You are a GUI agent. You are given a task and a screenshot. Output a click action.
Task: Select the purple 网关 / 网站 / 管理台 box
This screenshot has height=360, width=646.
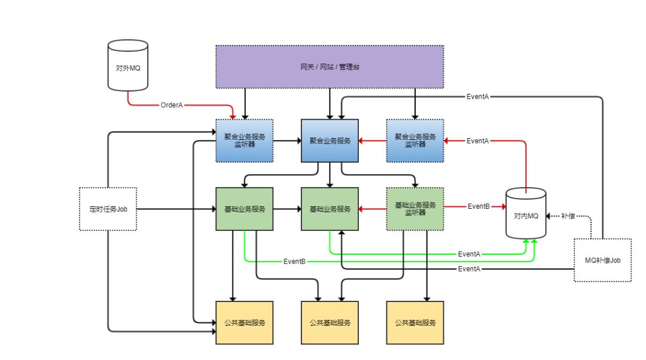[x=330, y=67]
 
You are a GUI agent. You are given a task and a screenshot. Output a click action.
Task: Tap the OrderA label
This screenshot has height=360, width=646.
[x=172, y=105]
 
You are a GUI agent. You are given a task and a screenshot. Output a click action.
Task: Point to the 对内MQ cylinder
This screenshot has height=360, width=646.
[x=526, y=214]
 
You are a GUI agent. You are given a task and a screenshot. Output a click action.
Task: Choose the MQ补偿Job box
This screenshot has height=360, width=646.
[x=602, y=260]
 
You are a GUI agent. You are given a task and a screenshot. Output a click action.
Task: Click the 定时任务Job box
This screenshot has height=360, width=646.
[x=108, y=209]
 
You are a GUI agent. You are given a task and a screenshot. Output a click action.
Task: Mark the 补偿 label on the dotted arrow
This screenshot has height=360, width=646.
[x=568, y=215]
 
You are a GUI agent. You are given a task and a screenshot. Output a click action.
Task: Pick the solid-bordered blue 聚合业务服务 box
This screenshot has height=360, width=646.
[x=330, y=141]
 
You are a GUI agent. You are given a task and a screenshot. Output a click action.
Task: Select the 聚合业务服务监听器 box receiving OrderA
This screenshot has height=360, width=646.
[x=244, y=141]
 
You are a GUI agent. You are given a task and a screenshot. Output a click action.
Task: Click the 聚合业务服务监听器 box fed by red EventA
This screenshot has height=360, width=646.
[x=415, y=141]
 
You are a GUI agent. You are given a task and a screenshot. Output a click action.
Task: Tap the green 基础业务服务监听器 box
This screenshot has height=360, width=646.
[x=415, y=209]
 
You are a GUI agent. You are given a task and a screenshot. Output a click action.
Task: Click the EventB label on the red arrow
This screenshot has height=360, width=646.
[x=479, y=206]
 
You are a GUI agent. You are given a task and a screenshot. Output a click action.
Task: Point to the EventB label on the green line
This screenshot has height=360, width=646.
[x=295, y=261]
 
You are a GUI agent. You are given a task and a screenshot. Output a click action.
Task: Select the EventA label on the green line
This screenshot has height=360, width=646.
[x=469, y=254]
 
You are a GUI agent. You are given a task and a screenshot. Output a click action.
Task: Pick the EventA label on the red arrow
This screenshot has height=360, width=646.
[x=477, y=141]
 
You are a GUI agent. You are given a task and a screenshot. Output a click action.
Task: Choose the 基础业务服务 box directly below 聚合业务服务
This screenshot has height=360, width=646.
[x=330, y=209]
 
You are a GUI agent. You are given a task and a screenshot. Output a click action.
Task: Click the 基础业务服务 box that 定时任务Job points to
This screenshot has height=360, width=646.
[x=244, y=209]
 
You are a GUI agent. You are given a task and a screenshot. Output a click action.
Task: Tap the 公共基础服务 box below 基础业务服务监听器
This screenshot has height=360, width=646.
[x=415, y=323]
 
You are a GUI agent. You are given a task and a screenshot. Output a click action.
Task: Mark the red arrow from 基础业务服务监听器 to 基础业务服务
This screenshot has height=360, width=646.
[x=372, y=209]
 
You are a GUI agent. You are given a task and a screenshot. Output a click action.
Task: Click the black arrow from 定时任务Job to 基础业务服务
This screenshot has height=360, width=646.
[x=173, y=209]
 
